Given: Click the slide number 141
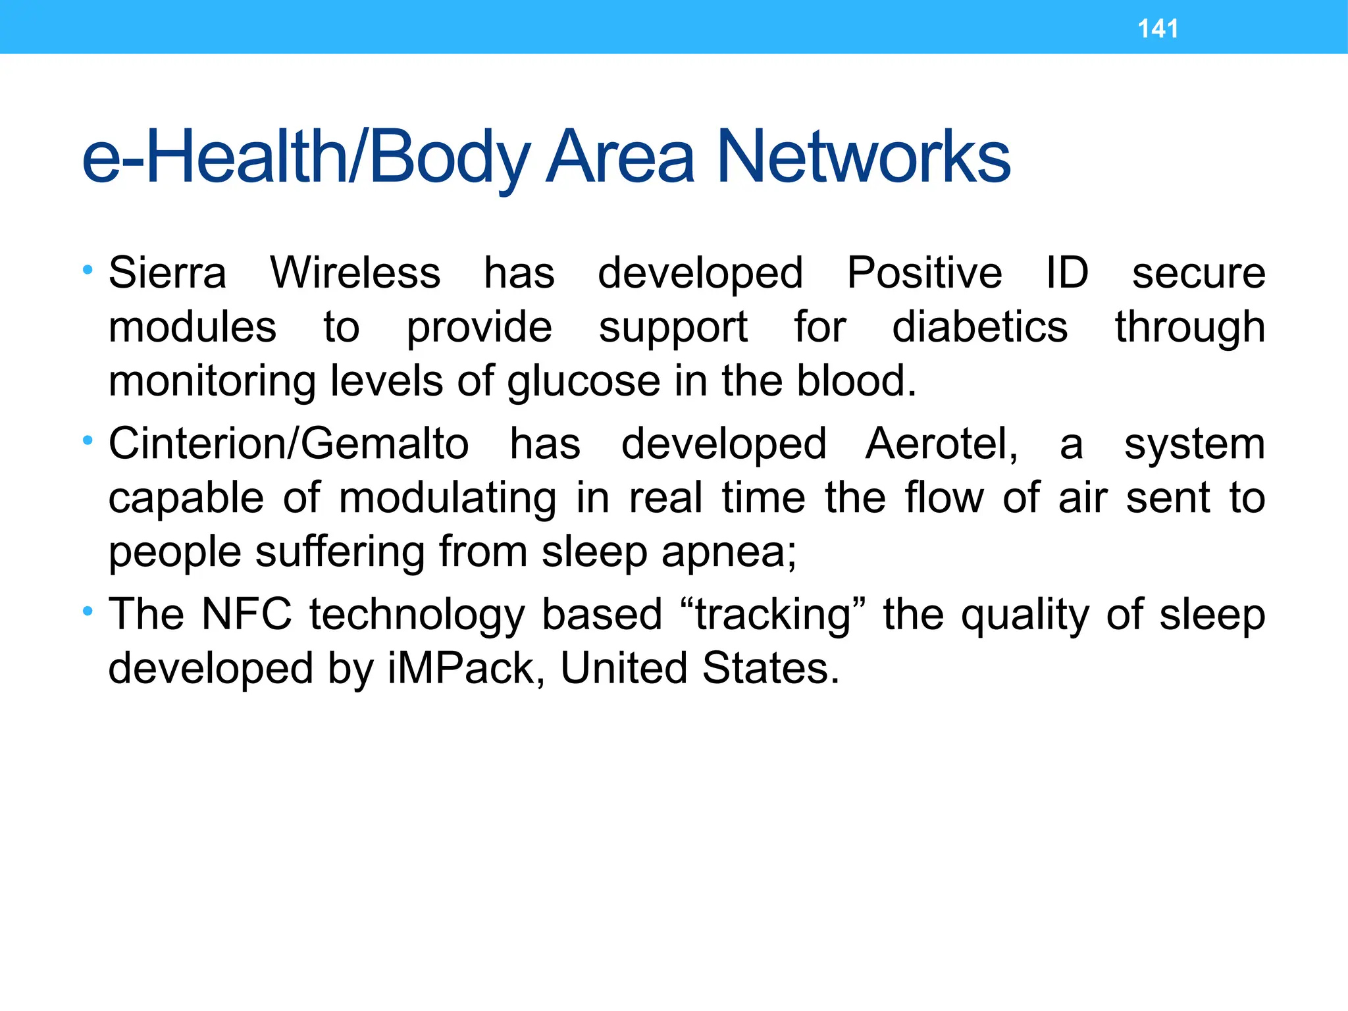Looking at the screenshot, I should click(x=1158, y=29).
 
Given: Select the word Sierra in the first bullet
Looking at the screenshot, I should click(x=167, y=273).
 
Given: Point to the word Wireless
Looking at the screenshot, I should click(x=355, y=273).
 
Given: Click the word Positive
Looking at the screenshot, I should click(x=924, y=273).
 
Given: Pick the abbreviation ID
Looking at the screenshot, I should click(x=1067, y=273).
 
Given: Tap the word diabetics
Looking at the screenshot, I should click(x=979, y=327).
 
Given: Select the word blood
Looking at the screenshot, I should click(x=856, y=381).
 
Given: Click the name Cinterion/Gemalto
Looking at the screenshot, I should click(x=289, y=444).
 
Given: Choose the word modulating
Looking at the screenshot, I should click(x=448, y=499).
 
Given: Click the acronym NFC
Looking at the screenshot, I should click(x=247, y=614).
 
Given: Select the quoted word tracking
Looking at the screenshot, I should click(x=773, y=615).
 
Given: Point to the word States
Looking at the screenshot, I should click(x=771, y=669).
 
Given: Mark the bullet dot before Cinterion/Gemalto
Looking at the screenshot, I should click(x=88, y=440).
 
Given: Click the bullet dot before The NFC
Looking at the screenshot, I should click(x=88, y=611).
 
